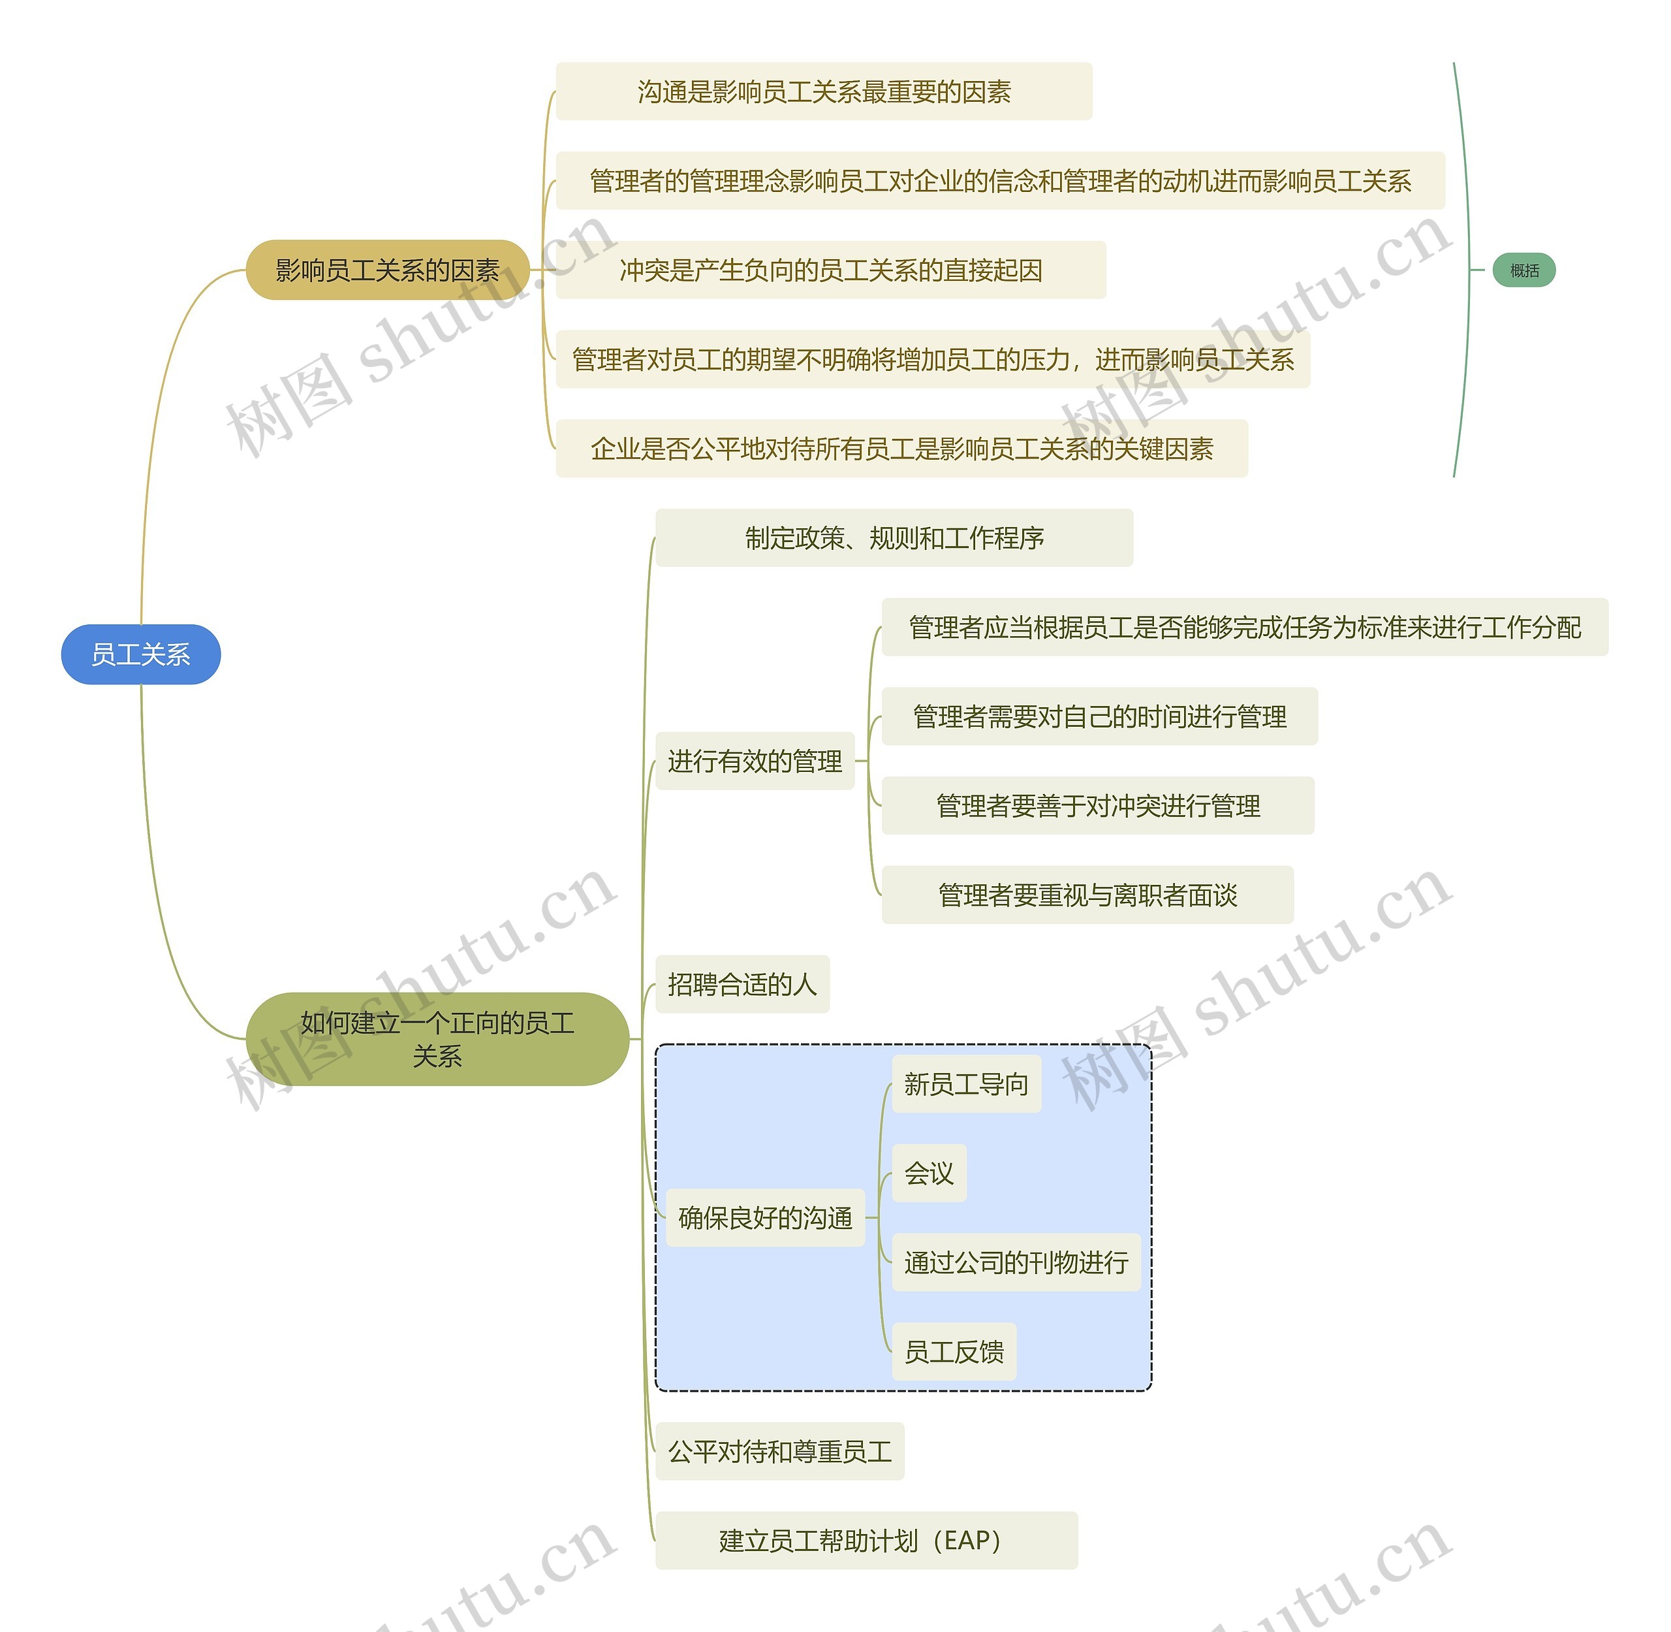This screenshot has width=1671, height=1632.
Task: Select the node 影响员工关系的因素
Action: coord(387,270)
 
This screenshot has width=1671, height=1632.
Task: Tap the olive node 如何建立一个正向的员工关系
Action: coord(437,1039)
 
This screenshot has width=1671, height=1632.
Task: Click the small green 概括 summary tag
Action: coord(1523,270)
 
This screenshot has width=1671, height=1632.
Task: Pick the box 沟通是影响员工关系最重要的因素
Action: coord(824,91)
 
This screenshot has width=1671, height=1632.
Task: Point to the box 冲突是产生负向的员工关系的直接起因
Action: coord(830,270)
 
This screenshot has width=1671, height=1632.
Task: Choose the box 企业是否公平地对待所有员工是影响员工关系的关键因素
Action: coord(901,448)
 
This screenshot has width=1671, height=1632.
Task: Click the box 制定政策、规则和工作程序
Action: coord(894,537)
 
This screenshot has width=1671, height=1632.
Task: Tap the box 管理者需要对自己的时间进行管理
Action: coord(1099,716)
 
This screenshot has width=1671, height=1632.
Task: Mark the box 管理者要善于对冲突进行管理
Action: coord(1098,806)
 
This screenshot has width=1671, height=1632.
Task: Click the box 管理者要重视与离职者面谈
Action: coord(1087,895)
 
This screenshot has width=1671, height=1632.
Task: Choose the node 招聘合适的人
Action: coord(742,984)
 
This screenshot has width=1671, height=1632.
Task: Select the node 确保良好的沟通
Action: coord(765,1217)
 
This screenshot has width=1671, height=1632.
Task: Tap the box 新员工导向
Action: coord(966,1084)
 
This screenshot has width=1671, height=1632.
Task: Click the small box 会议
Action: coord(929,1173)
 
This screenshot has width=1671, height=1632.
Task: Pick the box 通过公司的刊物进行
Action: coord(1016,1262)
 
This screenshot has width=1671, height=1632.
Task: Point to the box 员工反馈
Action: coord(954,1352)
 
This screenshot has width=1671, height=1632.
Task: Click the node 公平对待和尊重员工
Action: coord(780,1451)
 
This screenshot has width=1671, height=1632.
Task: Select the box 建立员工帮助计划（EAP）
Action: coord(866,1541)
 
